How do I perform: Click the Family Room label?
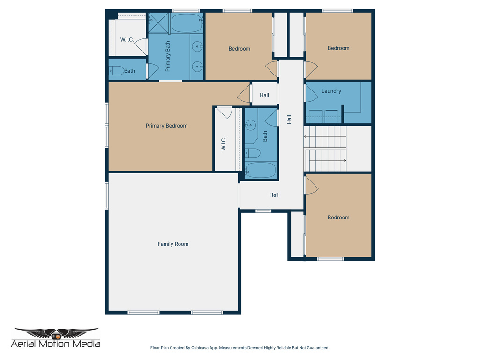click(x=173, y=244)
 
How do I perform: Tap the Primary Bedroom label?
click(x=166, y=126)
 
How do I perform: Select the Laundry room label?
click(x=331, y=91)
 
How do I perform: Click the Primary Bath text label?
click(x=168, y=57)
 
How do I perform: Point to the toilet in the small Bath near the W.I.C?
click(x=117, y=71)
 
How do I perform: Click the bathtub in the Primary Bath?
click(x=186, y=23)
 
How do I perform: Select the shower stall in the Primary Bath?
click(x=158, y=23)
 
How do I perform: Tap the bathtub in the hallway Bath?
click(x=261, y=170)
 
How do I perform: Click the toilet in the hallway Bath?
click(x=253, y=153)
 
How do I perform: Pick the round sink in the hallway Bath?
click(x=251, y=125)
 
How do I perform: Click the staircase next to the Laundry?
click(x=325, y=148)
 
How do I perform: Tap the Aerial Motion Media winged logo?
click(x=56, y=333)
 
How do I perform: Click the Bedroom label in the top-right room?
click(x=338, y=48)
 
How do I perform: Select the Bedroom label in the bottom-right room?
click(x=338, y=217)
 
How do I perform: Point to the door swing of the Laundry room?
click(x=310, y=93)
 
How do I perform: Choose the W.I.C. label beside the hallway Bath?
click(x=224, y=143)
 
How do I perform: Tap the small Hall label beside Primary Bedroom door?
click(x=264, y=95)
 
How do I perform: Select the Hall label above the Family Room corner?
click(x=274, y=195)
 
